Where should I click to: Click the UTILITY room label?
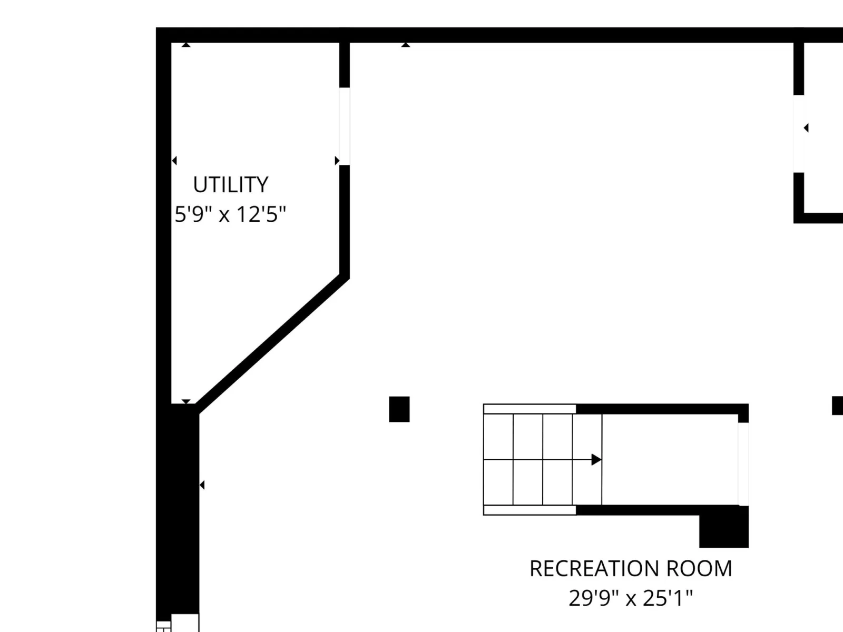coord(230,184)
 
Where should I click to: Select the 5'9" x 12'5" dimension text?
coord(230,214)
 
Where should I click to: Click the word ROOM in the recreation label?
coord(699,568)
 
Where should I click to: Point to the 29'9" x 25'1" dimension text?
coord(631,598)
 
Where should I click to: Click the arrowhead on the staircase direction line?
coord(596,459)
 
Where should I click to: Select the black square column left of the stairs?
coord(399,409)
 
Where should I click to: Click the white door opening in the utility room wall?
coord(345,126)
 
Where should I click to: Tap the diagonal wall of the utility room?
coord(273,344)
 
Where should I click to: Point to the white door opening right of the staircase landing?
coord(743,464)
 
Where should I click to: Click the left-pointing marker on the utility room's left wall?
coord(174,161)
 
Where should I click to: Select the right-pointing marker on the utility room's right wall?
coord(337,161)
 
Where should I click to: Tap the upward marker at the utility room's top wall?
coord(186,45)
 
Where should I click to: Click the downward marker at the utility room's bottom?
coord(186,401)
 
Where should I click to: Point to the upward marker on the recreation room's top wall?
coord(406,45)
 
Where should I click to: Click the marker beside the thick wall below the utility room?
coord(202,485)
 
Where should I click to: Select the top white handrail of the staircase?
coord(530,409)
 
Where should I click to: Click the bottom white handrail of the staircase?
coord(530,510)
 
